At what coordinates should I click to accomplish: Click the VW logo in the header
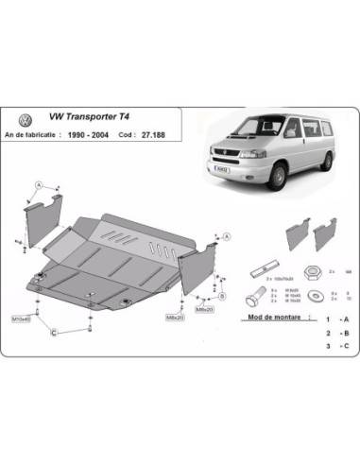pos(25,122)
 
